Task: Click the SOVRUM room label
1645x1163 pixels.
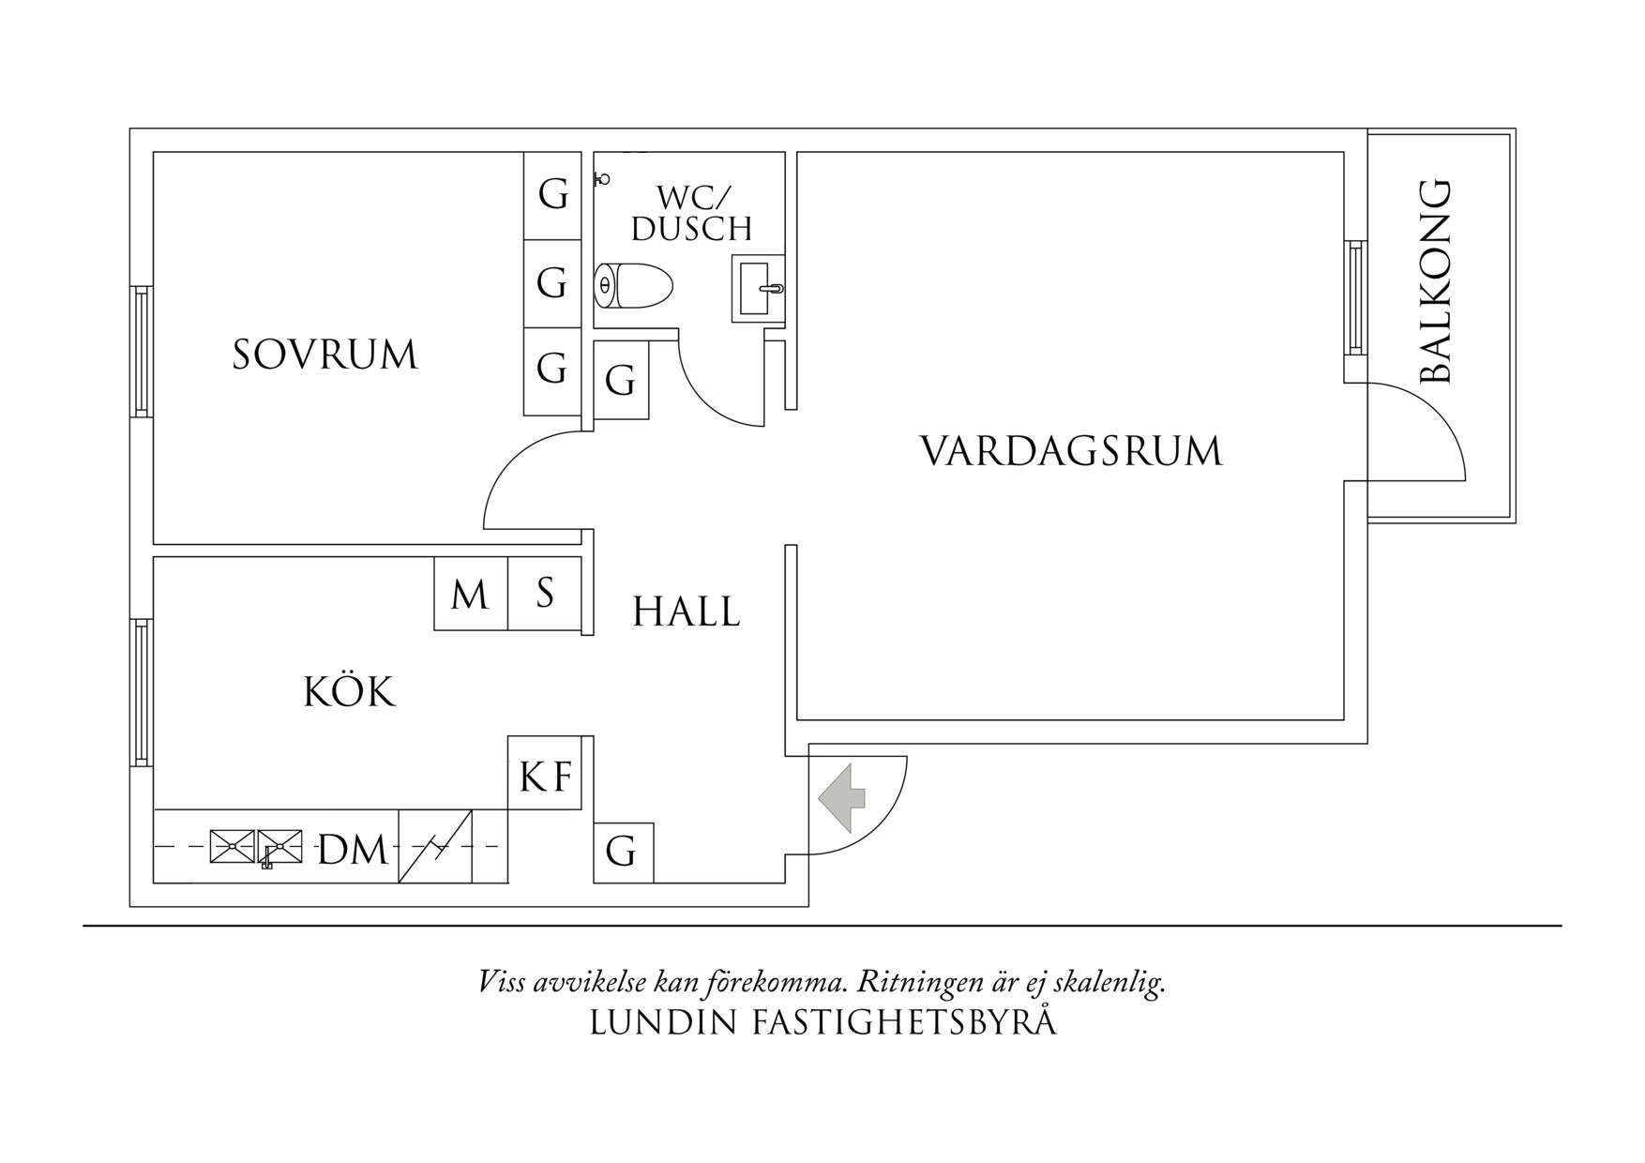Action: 324,355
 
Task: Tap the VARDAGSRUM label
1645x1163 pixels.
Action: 1071,451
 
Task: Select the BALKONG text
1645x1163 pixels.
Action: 1436,281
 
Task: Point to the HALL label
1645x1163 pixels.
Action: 686,612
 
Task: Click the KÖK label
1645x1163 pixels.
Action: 350,692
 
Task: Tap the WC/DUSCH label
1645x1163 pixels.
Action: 692,213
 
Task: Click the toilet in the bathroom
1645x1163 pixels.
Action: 634,284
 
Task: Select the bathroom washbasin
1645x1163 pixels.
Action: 758,289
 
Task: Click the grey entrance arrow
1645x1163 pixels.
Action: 842,798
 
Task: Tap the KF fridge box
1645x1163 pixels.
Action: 545,776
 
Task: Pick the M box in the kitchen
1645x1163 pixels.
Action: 470,595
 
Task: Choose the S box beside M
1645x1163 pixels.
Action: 545,594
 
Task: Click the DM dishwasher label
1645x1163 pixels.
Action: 353,850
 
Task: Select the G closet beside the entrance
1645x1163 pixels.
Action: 622,853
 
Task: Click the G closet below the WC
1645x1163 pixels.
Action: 621,381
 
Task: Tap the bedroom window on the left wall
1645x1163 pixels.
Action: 142,352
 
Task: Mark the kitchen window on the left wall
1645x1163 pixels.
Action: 142,692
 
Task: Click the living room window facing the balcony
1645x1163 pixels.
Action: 1355,296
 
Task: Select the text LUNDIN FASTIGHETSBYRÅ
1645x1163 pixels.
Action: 822,1022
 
